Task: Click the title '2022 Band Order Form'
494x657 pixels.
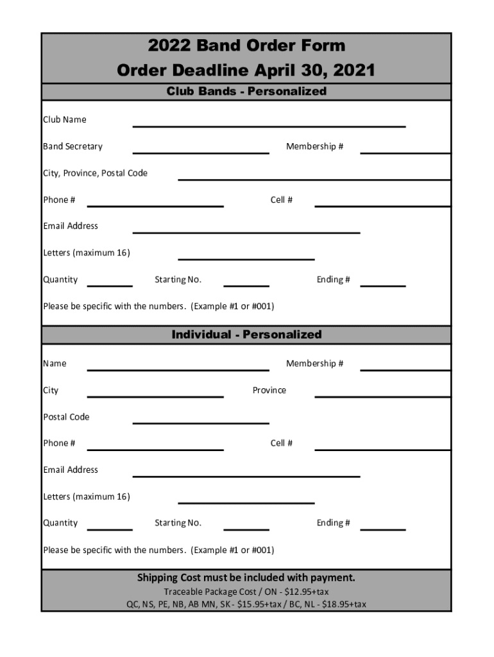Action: (246, 46)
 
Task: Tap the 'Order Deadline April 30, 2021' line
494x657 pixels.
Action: (246, 70)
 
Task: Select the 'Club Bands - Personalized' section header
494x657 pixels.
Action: (246, 91)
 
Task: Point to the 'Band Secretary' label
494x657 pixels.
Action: (72, 146)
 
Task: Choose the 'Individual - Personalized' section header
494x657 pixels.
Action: (246, 334)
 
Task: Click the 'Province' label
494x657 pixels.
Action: (269, 390)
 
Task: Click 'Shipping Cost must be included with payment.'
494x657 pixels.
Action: (246, 577)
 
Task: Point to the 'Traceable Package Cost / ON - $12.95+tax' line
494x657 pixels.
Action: (246, 592)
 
